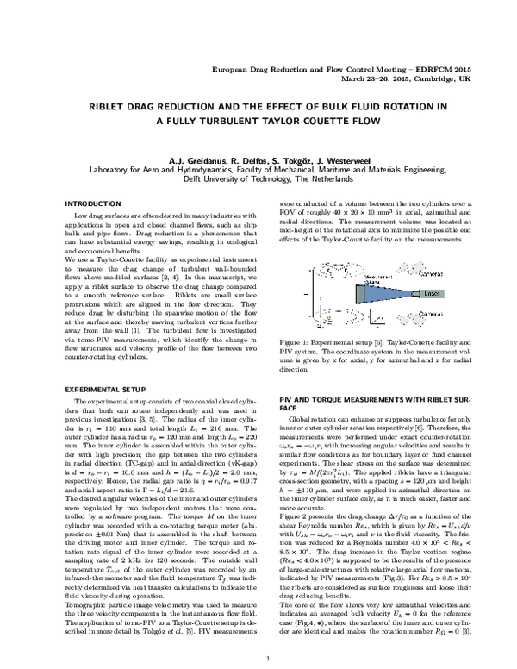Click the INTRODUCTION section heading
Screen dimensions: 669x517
94,203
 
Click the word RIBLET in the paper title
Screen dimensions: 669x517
122,108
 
